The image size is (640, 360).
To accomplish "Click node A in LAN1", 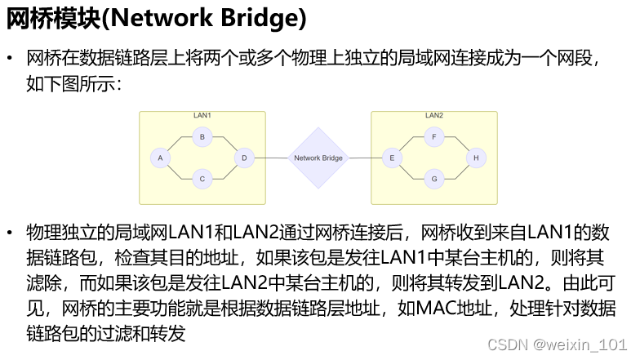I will coord(160,157).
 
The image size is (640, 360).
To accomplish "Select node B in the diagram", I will coord(202,137).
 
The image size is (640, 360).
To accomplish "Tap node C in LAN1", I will coord(202,177).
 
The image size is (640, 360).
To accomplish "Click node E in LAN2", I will coord(393,157).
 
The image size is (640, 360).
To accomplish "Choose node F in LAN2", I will coord(434,137).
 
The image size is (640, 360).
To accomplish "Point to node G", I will coord(434,177).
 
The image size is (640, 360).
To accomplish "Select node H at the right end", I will coord(475,157).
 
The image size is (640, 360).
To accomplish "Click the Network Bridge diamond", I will coord(318,158).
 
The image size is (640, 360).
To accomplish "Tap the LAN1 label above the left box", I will coord(202,116).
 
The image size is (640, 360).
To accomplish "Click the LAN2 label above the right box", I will coord(434,116).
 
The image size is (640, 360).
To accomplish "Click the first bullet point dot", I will coord(11,60).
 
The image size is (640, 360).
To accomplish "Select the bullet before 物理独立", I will coord(11,233).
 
